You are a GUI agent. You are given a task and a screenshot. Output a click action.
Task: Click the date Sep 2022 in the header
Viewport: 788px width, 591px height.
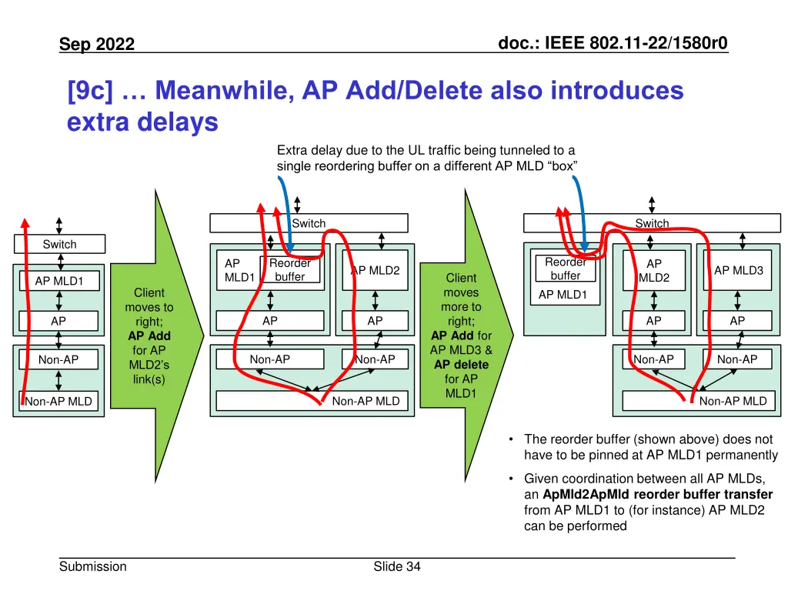97,45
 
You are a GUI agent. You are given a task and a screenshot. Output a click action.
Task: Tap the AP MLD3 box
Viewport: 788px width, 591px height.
738,270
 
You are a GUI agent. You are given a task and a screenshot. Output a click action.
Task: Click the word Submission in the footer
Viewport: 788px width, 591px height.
92,566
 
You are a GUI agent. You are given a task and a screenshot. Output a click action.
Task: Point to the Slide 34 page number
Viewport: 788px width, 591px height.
396,566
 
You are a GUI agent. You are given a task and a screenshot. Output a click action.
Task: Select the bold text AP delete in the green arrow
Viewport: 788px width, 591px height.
461,364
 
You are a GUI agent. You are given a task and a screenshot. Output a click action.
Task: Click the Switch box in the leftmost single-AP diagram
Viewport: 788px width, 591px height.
59,244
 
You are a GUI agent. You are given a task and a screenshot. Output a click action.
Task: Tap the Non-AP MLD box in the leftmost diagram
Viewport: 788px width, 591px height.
58,401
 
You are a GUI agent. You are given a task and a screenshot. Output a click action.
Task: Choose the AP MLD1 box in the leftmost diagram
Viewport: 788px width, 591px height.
58,281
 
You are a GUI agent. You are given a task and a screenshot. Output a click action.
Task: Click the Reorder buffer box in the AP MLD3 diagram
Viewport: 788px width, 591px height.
566,269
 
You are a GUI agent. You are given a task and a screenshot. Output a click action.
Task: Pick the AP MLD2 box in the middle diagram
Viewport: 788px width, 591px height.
375,270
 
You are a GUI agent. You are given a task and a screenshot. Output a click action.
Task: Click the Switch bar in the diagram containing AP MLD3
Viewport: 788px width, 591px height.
651,223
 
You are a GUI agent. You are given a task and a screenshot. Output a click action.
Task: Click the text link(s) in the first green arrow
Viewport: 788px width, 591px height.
149,379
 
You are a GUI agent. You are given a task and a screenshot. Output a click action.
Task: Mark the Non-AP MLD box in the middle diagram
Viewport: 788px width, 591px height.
312,400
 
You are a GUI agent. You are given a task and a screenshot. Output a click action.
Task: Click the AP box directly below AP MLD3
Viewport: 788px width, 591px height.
737,321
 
